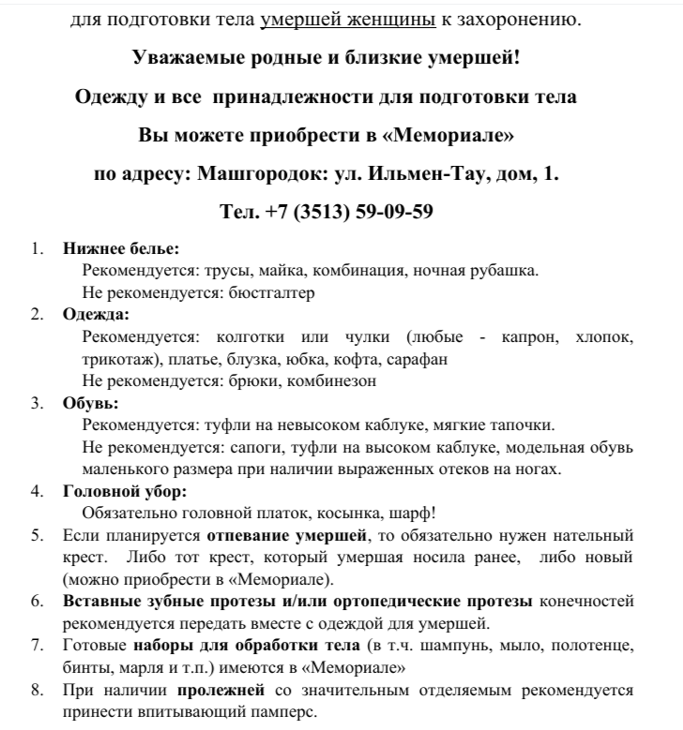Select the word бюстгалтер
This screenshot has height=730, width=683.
click(x=268, y=291)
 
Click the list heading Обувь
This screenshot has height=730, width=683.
click(x=90, y=403)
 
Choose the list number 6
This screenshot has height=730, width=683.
click(x=38, y=601)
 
